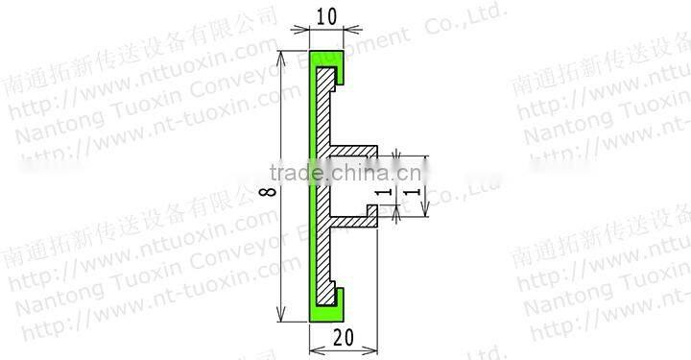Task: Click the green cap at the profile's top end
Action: tap(327, 59)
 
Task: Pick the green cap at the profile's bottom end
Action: tap(327, 311)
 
